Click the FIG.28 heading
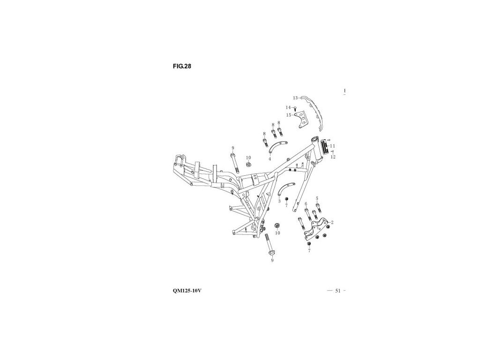[x=182, y=66]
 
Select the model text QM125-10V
[x=187, y=291]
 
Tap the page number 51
[x=337, y=291]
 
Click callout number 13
[x=295, y=98]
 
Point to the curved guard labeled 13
[x=315, y=111]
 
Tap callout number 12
[x=333, y=157]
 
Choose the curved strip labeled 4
[x=277, y=147]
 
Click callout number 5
[x=317, y=198]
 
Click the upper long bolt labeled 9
[x=233, y=164]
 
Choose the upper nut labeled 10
[x=249, y=165]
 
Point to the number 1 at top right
[x=344, y=90]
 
